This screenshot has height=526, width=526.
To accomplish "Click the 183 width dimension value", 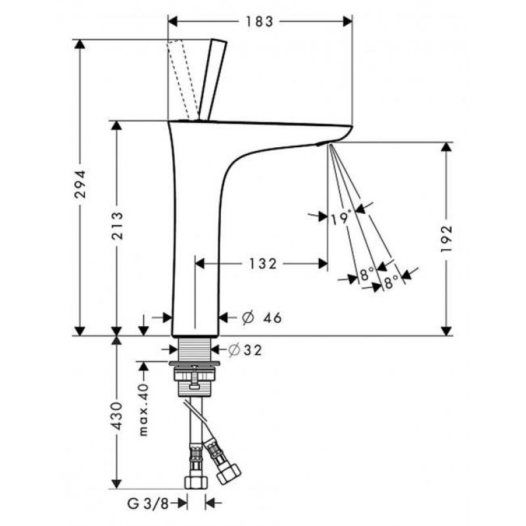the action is [260, 22].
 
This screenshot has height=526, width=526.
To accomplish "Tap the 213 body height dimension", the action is [117, 226].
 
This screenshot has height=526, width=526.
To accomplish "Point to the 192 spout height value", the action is [446, 239].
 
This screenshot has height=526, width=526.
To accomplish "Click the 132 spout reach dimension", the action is [263, 264].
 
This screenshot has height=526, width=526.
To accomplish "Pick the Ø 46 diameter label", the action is [262, 318].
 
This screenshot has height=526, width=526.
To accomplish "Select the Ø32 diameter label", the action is [245, 350].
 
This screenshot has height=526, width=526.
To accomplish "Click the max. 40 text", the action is [143, 410].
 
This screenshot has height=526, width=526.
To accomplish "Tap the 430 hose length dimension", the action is [117, 416].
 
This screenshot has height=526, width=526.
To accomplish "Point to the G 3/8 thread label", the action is [148, 504].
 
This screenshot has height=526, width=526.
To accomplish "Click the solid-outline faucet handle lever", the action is [213, 80].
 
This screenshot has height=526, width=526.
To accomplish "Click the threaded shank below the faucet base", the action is [194, 349].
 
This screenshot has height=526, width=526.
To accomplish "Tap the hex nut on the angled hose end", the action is [229, 473].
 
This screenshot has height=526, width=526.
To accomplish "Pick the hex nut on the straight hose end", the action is [196, 482].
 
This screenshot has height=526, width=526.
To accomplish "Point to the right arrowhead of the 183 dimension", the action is [348, 22].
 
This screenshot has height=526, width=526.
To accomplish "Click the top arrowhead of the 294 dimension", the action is [80, 44].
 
